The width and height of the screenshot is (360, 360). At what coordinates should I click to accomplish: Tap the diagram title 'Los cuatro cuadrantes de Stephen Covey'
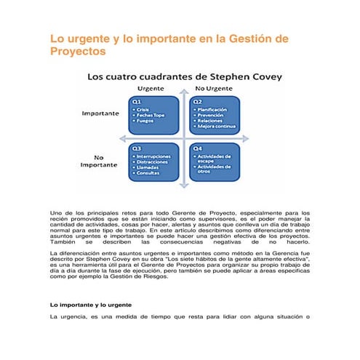pyautogui.click(x=185, y=76)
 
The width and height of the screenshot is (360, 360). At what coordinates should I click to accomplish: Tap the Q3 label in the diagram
pyautogui.click(x=136, y=148)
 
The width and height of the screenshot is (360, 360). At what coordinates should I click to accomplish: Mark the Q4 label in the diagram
pyautogui.click(x=197, y=148)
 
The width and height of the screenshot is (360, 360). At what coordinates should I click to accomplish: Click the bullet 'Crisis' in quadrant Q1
pyautogui.click(x=143, y=110)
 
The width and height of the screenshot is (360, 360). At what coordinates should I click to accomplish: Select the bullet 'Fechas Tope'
pyautogui.click(x=151, y=116)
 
